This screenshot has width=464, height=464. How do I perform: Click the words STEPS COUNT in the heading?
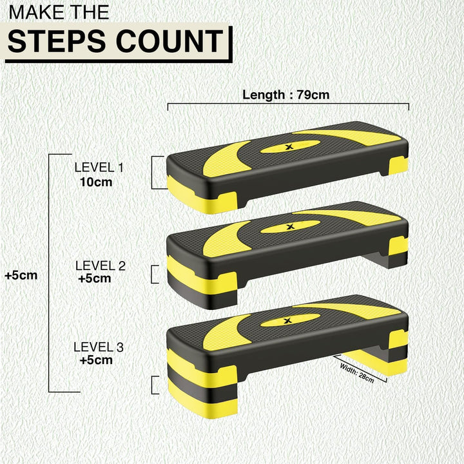coord(116,41)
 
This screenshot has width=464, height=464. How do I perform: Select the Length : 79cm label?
coord(285,95)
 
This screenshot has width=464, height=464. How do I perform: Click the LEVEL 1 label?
coord(99,168)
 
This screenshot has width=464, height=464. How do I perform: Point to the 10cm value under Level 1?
coord(96,182)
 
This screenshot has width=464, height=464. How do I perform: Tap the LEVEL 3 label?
coord(99,347)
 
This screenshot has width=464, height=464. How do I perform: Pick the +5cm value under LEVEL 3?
coord(96,360)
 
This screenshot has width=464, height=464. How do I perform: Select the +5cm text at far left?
coord(21,275)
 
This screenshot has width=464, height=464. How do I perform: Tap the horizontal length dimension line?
coord(288,104)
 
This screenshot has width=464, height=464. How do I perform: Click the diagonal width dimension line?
coord(361,368)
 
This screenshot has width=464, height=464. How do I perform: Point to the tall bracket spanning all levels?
coord(50,273)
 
